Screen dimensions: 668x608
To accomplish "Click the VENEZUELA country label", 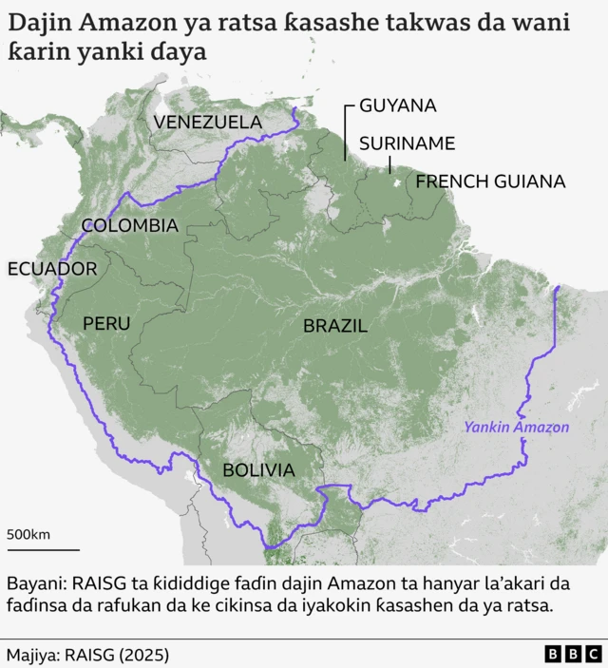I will pyautogui.click(x=207, y=122).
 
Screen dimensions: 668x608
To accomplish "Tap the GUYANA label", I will pyautogui.click(x=397, y=105).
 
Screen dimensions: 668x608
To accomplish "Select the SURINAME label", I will pyautogui.click(x=407, y=143).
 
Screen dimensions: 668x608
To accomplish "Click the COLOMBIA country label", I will pyautogui.click(x=129, y=225).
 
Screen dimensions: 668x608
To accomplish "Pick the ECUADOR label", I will pyautogui.click(x=52, y=269).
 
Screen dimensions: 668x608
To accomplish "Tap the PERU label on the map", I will pyautogui.click(x=105, y=323).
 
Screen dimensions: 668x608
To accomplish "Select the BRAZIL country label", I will pyautogui.click(x=334, y=326).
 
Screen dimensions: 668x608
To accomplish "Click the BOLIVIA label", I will pyautogui.click(x=257, y=469).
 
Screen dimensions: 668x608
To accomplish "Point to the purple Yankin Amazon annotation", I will pyautogui.click(x=516, y=427).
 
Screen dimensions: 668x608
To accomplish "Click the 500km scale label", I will pyautogui.click(x=28, y=534).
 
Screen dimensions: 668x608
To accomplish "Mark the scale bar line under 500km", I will pyautogui.click(x=43, y=548).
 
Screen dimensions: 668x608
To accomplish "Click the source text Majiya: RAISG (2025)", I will pyautogui.click(x=87, y=655).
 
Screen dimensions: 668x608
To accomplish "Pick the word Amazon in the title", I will pyautogui.click(x=119, y=24).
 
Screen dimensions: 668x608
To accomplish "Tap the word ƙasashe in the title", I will pyautogui.click(x=329, y=24).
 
